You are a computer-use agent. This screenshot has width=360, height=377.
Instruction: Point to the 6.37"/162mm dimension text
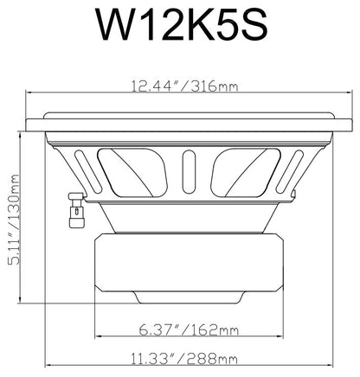(x=190, y=329)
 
